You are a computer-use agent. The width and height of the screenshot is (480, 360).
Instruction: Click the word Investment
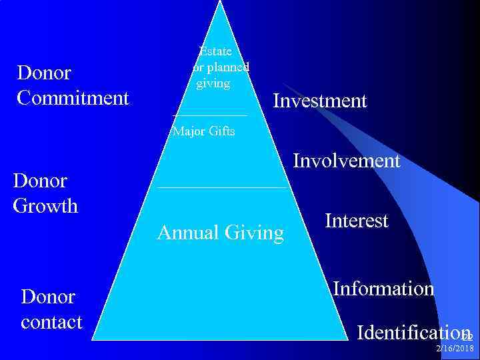point(320,101)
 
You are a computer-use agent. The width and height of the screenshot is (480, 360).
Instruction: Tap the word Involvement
point(347,161)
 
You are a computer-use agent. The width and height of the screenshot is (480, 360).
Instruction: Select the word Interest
point(357,221)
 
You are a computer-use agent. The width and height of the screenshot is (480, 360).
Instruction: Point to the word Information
point(383,289)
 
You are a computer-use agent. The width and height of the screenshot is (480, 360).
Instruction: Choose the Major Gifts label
point(203,131)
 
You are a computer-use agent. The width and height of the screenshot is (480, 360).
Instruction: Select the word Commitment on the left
point(73,98)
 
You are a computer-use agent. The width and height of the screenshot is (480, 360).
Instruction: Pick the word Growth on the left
point(45,205)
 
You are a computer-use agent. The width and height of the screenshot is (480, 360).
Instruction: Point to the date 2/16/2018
point(455,349)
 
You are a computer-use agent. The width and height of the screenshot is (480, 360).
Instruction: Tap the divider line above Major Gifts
point(209,116)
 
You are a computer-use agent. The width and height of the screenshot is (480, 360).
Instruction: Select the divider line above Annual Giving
point(221,187)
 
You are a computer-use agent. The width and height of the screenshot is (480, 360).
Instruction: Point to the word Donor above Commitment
point(44,73)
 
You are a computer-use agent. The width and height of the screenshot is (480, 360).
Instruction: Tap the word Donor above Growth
point(40,181)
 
